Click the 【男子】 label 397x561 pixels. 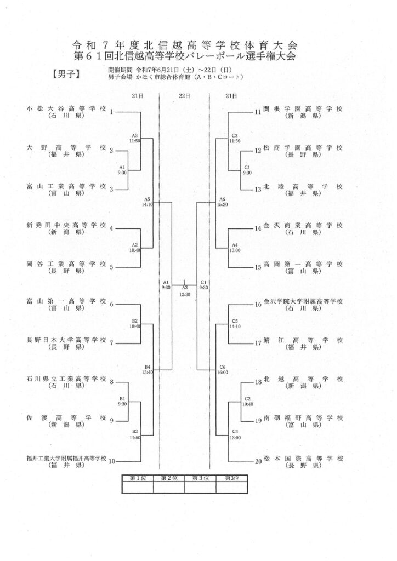(x=66, y=74)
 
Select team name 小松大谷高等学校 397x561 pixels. (x=66, y=109)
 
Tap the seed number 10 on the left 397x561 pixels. (x=112, y=461)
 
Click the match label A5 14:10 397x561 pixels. (x=147, y=202)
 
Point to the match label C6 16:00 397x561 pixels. (x=222, y=370)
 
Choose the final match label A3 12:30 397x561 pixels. (x=185, y=291)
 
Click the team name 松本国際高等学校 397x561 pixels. (x=303, y=459)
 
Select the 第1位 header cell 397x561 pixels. (x=138, y=478)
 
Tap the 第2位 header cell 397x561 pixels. (x=169, y=478)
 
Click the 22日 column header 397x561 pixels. (x=184, y=96)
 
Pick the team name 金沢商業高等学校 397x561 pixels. (x=303, y=225)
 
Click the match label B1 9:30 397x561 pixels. (x=122, y=402)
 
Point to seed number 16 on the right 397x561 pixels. (x=258, y=305)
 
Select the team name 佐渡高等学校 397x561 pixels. (x=66, y=417)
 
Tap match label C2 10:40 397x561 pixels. (x=247, y=402)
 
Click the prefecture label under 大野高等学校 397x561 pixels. (x=66, y=154)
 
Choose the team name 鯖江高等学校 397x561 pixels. (x=303, y=340)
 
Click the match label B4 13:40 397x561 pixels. (x=147, y=370)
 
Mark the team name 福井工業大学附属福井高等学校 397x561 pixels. (x=66, y=459)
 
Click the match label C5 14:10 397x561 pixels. (x=235, y=324)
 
